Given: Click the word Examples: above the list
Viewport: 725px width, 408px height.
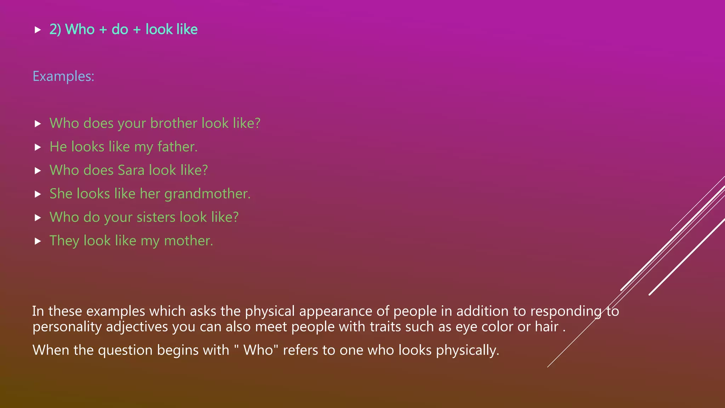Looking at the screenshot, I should point(63,76).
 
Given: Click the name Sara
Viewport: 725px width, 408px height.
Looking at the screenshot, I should point(131,170).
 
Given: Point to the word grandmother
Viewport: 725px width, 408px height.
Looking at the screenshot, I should point(207,194).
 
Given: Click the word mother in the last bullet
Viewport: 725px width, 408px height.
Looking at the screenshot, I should point(188,241).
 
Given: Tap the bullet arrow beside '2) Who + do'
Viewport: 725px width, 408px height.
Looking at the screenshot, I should point(38,30).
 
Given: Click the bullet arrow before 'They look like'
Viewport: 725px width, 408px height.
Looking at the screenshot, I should point(38,241).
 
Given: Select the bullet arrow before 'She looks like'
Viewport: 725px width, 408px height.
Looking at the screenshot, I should point(38,194).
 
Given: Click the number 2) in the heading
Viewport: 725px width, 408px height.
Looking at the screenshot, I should point(55,29).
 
